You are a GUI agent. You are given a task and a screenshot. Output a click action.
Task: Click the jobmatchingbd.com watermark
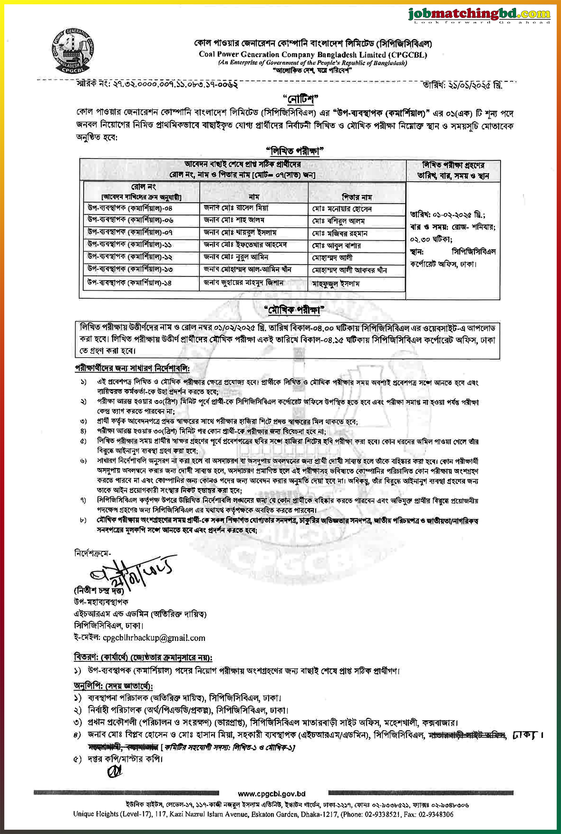[x=479, y=15]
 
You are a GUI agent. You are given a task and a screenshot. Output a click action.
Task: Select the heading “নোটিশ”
[x=300, y=99]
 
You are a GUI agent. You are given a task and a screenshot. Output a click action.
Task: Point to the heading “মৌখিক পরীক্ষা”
[x=294, y=310]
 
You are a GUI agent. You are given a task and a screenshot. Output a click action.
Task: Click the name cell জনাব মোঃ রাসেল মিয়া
[x=236, y=208]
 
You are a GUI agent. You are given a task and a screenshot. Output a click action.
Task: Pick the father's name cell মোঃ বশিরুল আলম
[x=338, y=221]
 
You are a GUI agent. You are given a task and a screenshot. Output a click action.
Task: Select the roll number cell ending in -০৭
[x=130, y=232]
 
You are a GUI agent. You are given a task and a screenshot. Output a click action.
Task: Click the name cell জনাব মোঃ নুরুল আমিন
[x=236, y=257]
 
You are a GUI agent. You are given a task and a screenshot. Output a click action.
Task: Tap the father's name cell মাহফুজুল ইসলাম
[x=336, y=283]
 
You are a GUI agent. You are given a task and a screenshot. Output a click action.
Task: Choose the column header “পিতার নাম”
[x=357, y=197]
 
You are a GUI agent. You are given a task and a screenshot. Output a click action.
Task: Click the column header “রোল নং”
[x=143, y=187]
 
